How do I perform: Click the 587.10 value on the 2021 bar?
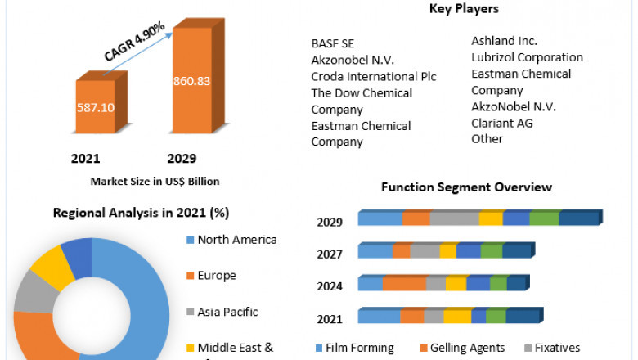[96, 106]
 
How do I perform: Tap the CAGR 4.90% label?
[134, 42]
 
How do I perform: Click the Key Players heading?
[464, 9]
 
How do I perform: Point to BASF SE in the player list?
[332, 43]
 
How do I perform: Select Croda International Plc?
[374, 76]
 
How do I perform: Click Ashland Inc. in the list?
[504, 40]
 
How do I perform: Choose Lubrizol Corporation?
[527, 57]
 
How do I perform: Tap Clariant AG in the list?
[501, 123]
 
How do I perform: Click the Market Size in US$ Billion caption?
[155, 181]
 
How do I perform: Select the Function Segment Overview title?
[466, 187]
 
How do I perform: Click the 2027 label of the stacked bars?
[330, 254]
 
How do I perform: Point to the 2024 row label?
[330, 286]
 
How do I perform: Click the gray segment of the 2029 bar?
[455, 218]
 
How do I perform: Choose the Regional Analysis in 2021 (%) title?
[141, 213]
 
